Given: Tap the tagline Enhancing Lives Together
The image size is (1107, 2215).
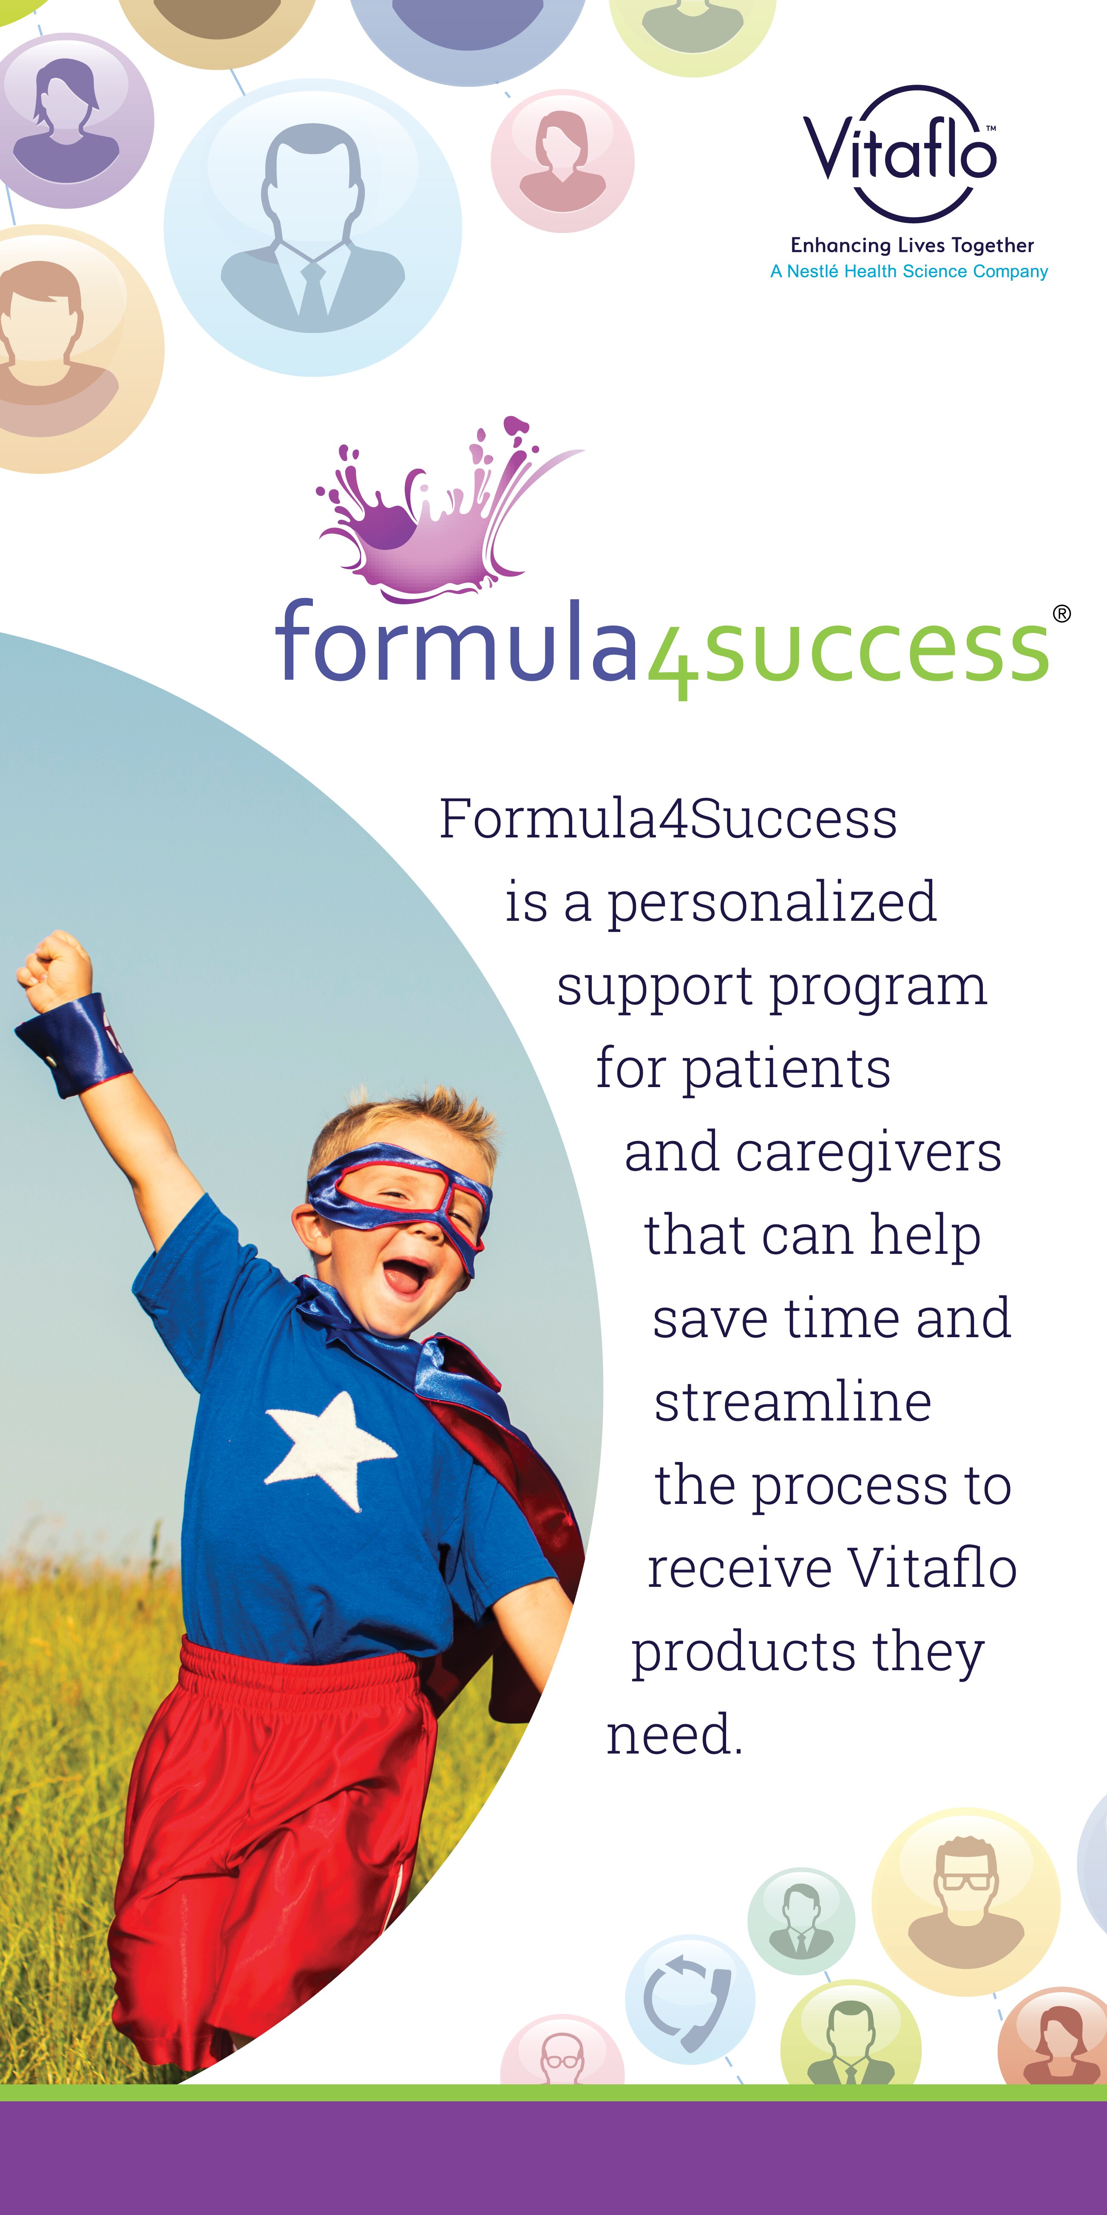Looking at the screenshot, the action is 912,246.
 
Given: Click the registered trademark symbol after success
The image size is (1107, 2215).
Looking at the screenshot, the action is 1062,613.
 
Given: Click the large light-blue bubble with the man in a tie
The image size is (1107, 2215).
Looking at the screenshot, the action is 313,228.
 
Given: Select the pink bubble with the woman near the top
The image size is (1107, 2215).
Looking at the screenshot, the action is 563,161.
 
